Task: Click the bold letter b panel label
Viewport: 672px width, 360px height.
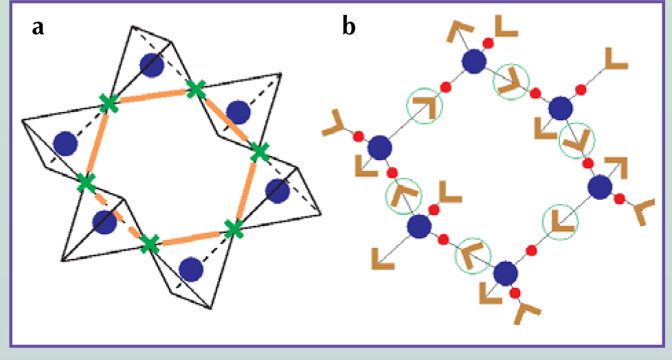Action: click(x=349, y=27)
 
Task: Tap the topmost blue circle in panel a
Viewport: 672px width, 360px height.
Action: click(x=151, y=65)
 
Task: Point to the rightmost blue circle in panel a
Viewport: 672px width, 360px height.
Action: click(x=276, y=191)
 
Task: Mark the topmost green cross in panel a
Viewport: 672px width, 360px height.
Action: click(x=197, y=88)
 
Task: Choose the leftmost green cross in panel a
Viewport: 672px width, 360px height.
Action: click(x=86, y=183)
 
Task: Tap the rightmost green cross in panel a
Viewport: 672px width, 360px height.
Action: click(x=258, y=151)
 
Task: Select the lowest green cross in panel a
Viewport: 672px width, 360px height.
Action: click(x=149, y=244)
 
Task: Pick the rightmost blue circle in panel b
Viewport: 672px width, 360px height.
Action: click(x=601, y=187)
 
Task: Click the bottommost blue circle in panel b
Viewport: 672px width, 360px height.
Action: click(x=506, y=273)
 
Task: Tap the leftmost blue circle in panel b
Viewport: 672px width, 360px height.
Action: click(x=379, y=147)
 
